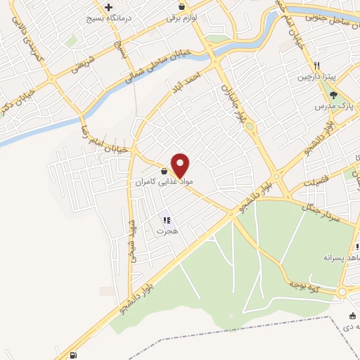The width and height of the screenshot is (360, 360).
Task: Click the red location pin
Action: pos(181,165)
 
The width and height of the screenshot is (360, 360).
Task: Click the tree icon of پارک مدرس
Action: pos(333,95)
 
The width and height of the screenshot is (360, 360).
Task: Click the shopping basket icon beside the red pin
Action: pos(164,171)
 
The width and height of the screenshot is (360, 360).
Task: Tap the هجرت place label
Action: pos(168,231)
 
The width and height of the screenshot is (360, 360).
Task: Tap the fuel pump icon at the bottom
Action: pos(75,355)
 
